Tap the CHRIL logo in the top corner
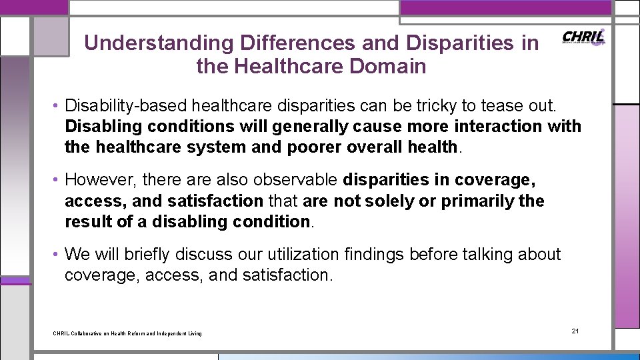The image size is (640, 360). tap(583, 37)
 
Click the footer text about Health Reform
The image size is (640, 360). tap(127, 333)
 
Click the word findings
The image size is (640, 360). tap(375, 255)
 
